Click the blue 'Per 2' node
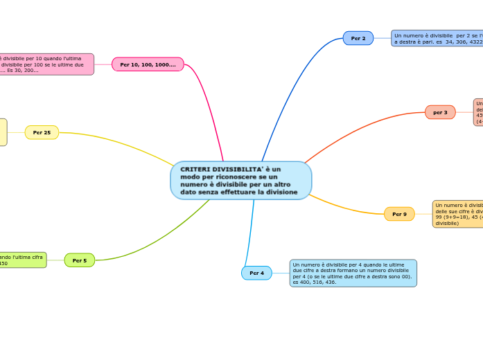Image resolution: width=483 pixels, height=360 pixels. pyautogui.click(x=358, y=38)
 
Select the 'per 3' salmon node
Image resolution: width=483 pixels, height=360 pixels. pyautogui.click(x=440, y=112)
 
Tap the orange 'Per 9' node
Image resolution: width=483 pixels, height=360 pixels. pyautogui.click(x=399, y=214)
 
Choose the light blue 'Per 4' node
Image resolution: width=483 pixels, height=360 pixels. pyautogui.click(x=256, y=273)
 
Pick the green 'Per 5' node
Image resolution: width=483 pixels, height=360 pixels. pyautogui.click(x=80, y=260)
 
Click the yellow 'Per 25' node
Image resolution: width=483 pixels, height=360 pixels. pyautogui.click(x=42, y=132)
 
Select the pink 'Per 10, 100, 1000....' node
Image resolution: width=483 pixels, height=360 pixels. pyautogui.click(x=148, y=64)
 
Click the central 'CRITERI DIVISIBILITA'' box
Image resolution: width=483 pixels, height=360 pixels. pyautogui.click(x=240, y=181)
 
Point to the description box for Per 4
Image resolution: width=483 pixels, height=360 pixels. pyautogui.click(x=353, y=273)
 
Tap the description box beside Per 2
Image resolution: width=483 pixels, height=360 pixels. pyautogui.click(x=437, y=38)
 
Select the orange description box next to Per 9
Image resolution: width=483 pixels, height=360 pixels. pyautogui.click(x=457, y=214)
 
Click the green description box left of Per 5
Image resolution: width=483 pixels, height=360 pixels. pyautogui.click(x=22, y=260)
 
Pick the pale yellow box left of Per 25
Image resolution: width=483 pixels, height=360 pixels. pyautogui.click(x=3, y=132)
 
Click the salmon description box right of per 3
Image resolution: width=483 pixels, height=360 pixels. pyautogui.click(x=478, y=112)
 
